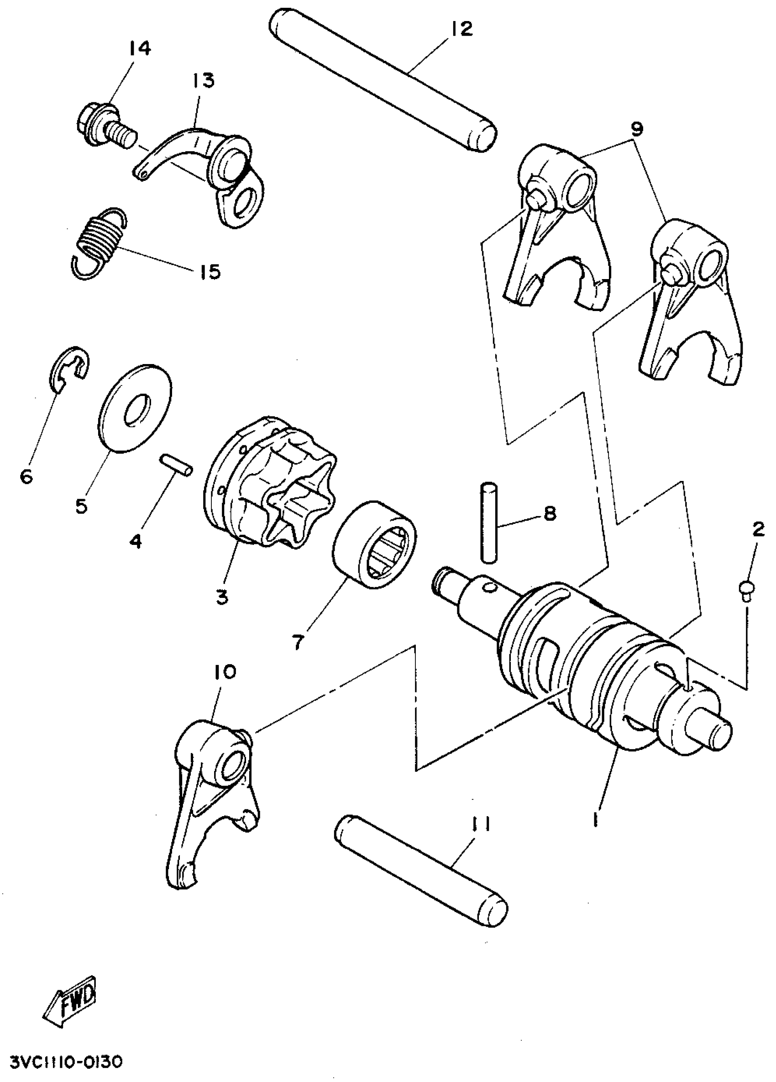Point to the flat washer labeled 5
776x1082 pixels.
137,408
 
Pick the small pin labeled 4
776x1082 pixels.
176,464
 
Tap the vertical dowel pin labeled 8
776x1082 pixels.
488,523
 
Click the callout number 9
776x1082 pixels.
636,129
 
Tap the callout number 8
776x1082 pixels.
550,514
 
